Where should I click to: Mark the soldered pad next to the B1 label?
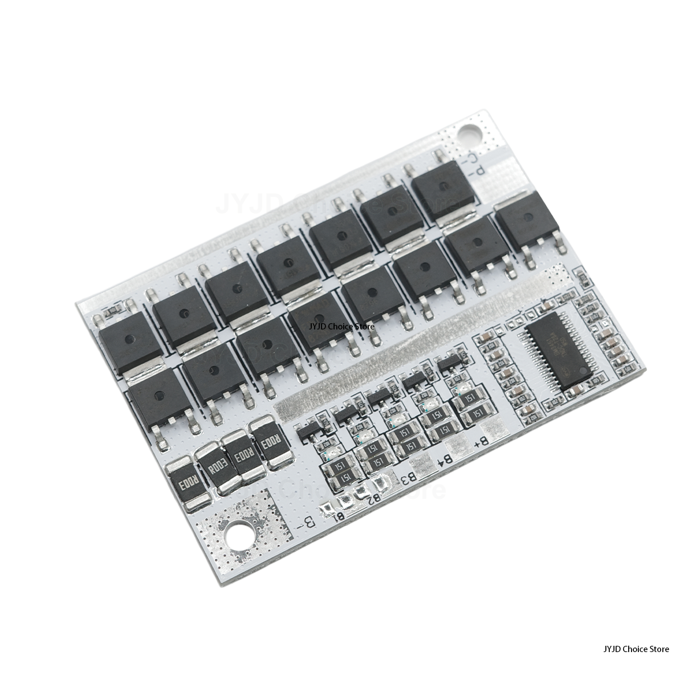pyautogui.click(x=326, y=509)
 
